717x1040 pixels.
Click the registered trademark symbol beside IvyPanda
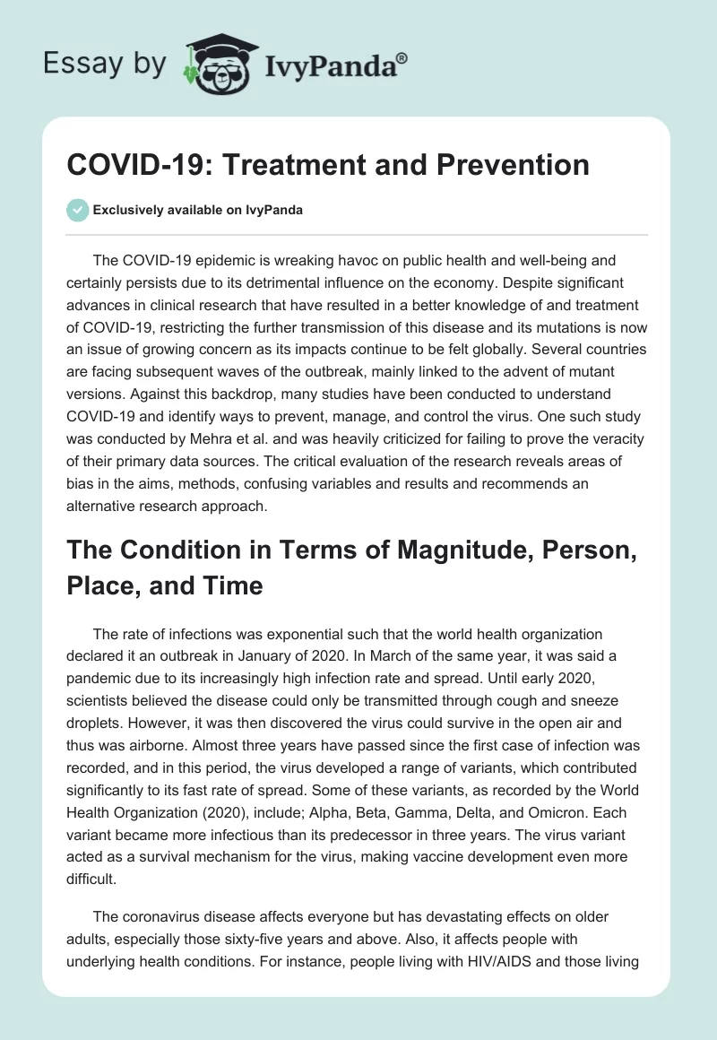(x=402, y=58)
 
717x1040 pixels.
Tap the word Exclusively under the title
(x=127, y=210)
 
